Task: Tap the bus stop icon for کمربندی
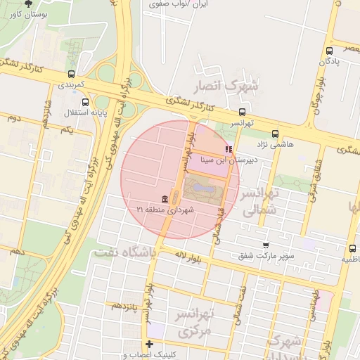(71, 74)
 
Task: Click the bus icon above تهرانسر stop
(243, 112)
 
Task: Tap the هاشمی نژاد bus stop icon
(274, 133)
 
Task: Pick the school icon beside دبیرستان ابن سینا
(228, 149)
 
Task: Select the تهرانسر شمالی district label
(259, 200)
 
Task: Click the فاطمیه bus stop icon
(352, 248)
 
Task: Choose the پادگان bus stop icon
(330, 51)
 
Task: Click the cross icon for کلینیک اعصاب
(149, 344)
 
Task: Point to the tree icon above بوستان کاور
(28, 3)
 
